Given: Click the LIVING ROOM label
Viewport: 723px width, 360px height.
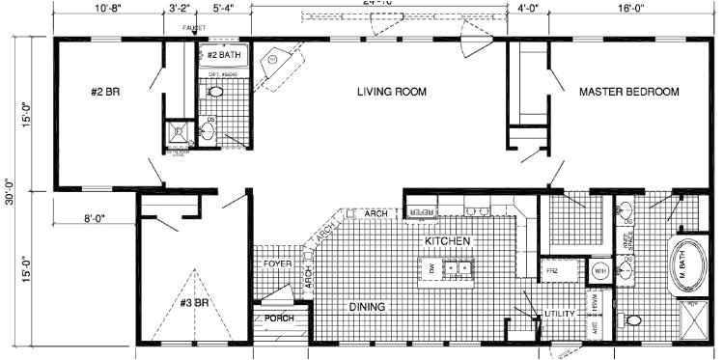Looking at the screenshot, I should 392,93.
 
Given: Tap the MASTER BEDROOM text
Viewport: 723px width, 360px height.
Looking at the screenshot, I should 628,93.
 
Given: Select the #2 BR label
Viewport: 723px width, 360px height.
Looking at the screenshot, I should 103,93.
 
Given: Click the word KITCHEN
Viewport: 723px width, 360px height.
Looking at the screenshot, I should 446,239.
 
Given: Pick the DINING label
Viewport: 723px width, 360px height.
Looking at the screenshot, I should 367,307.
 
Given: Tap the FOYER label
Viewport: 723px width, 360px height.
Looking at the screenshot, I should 277,263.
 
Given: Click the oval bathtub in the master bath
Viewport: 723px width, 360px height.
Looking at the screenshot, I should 688,263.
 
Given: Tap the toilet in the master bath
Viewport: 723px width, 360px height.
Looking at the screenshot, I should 633,319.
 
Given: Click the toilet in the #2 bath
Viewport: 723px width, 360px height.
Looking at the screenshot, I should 216,93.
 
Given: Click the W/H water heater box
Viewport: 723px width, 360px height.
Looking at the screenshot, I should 599,272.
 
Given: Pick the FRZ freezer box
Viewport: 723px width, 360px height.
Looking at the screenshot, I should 554,272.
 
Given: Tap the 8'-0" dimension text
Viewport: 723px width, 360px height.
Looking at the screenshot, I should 93,219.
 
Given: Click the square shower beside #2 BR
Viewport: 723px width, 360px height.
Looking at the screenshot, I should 178,132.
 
